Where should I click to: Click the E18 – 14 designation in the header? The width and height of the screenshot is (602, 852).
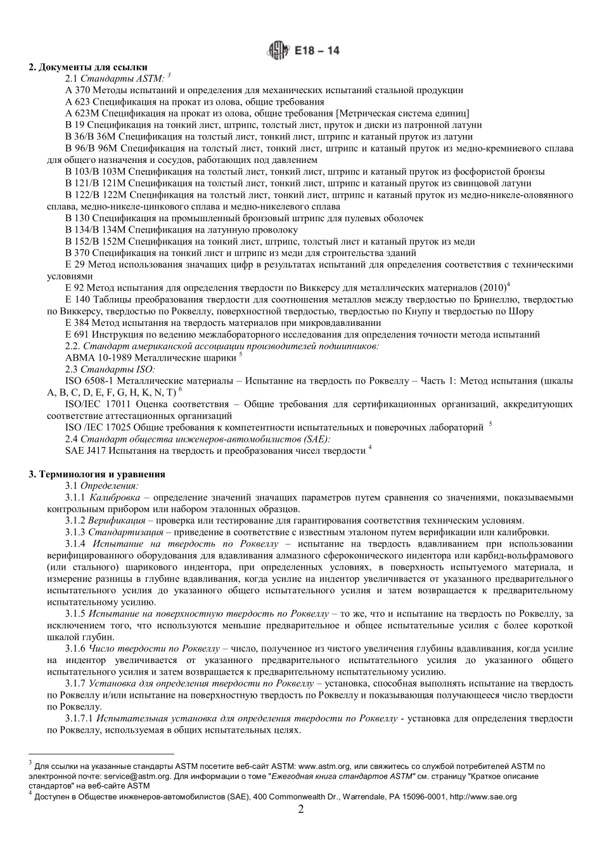pyautogui.click(x=317, y=49)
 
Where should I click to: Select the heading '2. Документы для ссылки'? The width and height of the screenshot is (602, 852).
pyautogui.click(x=88, y=67)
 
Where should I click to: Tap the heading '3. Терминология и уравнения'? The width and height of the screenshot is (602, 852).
pyautogui.click(x=97, y=474)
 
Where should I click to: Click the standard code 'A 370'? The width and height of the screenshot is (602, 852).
pyautogui.click(x=78, y=91)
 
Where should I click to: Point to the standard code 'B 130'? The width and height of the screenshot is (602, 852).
pyautogui.click(x=78, y=219)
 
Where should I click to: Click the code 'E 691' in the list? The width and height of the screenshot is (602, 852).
pyautogui.click(x=77, y=335)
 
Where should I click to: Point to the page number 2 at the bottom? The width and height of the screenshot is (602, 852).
pyautogui.click(x=301, y=810)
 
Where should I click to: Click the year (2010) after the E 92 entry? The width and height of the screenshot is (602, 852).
pyautogui.click(x=493, y=288)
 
